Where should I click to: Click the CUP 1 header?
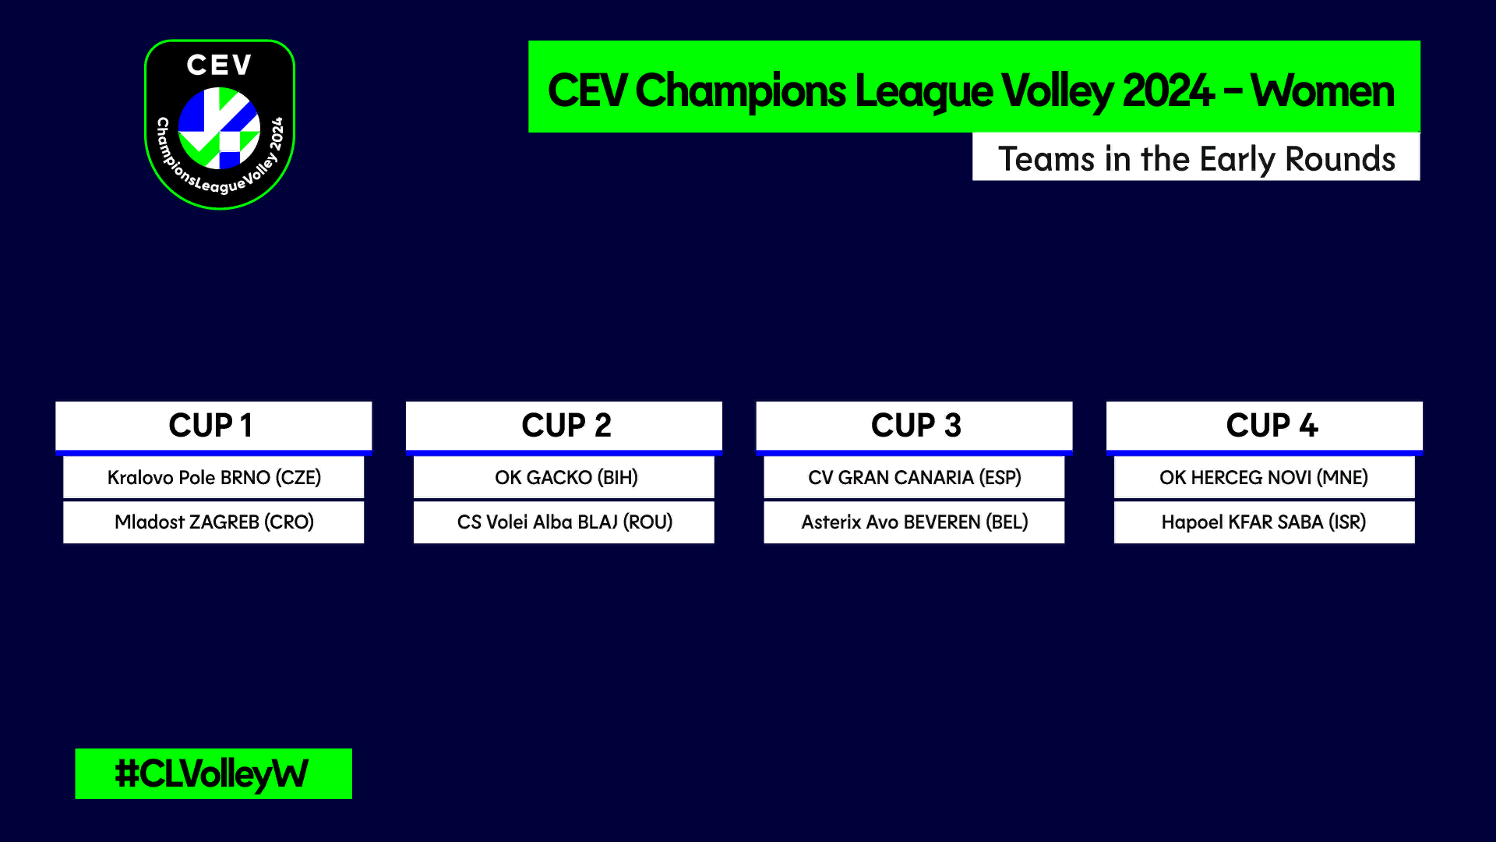tap(213, 426)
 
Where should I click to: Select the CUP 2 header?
tap(564, 426)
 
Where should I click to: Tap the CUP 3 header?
tap(914, 426)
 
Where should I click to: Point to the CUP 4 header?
tap(1265, 426)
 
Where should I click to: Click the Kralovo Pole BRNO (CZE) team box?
tap(213, 477)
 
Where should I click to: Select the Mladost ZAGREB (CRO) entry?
tap(213, 522)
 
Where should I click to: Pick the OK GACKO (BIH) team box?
tap(564, 477)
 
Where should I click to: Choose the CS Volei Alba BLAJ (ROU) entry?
tap(564, 522)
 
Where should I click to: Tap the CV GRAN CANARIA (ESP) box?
tap(914, 477)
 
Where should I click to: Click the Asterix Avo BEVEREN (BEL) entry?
tap(914, 522)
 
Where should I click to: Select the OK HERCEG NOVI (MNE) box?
tap(1265, 477)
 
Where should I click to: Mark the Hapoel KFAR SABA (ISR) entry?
tap(1265, 522)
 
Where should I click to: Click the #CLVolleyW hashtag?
tap(212, 774)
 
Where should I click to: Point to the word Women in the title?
tap(1322, 90)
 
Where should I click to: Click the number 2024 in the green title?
tap(1168, 90)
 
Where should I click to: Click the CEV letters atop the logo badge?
tap(220, 65)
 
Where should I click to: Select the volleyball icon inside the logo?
tap(219, 128)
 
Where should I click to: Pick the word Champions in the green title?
tap(740, 92)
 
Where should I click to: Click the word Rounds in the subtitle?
tap(1340, 159)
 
